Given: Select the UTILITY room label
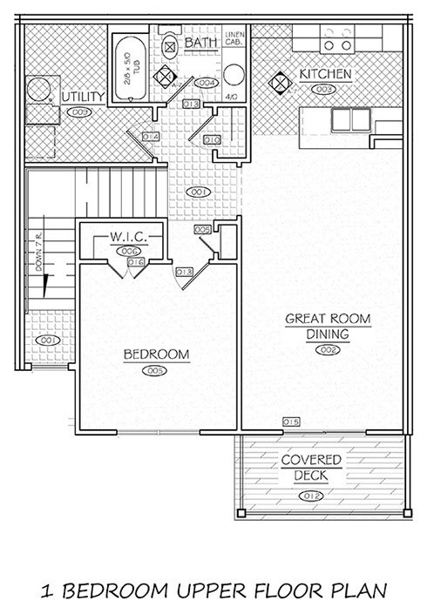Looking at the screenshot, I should tap(84, 95).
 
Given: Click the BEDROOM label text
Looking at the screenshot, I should tap(156, 354).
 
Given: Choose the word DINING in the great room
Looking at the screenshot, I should tap(328, 334).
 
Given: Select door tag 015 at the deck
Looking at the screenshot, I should tap(291, 422).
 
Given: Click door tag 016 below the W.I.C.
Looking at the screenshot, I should tap(135, 261).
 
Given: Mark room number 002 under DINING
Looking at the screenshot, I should tap(328, 349).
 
